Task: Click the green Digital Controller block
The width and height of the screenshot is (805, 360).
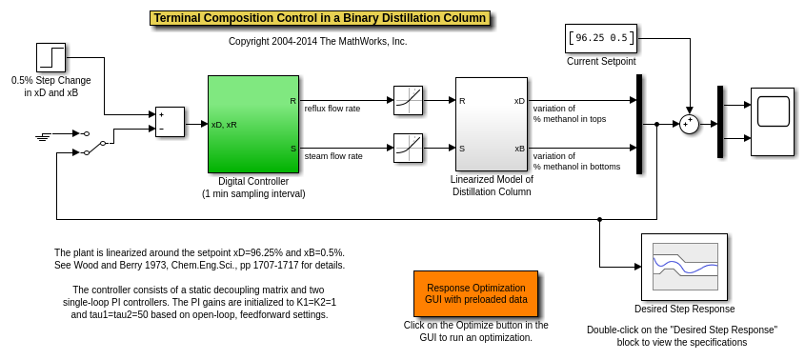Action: pos(253,124)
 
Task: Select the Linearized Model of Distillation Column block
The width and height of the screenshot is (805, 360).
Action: pos(492,124)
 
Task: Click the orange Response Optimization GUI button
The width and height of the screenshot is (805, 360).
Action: pos(476,293)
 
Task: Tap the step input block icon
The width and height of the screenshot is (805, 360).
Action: pos(50,57)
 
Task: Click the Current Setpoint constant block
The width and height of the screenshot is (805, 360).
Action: pos(601,38)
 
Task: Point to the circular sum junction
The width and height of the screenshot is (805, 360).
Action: pos(689,124)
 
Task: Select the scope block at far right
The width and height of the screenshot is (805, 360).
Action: pos(773,122)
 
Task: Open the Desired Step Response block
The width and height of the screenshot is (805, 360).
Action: pos(684,267)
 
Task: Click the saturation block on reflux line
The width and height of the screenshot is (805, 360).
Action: pos(408,101)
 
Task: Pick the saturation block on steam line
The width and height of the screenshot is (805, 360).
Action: pos(408,148)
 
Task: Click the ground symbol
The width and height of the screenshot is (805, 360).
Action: pos(44,136)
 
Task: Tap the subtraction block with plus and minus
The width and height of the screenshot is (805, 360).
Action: pos(170,122)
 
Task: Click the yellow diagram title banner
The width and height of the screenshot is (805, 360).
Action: pos(320,18)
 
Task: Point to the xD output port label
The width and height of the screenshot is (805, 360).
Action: pos(519,101)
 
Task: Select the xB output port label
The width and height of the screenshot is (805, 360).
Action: pos(519,149)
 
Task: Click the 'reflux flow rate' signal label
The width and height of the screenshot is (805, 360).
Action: pos(332,109)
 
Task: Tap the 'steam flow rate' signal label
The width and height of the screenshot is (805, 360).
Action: pos(333,155)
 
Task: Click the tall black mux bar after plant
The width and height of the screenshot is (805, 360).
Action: pos(639,124)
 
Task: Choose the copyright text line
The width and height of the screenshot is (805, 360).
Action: pos(318,42)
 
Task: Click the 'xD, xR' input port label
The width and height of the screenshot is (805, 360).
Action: pos(224,124)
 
